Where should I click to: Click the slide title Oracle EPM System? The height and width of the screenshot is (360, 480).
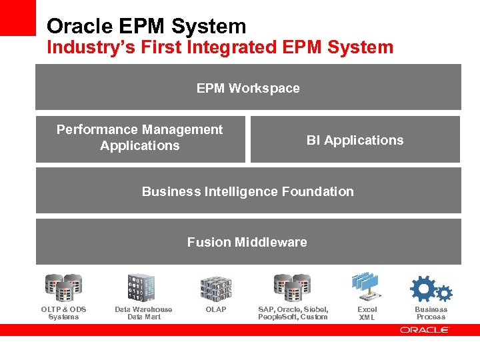point(146,26)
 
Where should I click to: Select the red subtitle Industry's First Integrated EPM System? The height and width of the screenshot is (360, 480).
point(220,47)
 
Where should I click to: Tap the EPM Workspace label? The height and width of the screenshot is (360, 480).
point(248,88)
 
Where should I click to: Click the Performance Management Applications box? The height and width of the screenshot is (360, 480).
point(140,139)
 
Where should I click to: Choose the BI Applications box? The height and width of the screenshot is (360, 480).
point(355,140)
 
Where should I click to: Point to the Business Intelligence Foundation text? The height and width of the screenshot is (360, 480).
point(248,191)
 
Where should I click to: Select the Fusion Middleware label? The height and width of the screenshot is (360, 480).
point(247,242)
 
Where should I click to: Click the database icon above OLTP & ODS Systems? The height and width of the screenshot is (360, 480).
point(63,287)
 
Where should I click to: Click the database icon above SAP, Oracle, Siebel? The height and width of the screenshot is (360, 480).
point(293,287)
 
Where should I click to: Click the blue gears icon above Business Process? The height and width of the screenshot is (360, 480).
point(431,289)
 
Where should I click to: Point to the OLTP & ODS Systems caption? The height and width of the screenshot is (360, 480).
point(63,313)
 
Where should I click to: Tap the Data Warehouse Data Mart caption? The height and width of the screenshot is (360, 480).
point(143,313)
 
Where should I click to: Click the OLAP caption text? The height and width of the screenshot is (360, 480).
point(216,309)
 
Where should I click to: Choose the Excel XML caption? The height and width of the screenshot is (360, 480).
point(367,313)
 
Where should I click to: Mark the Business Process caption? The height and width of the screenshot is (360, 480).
point(431,313)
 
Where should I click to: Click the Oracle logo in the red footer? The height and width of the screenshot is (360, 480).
point(425,329)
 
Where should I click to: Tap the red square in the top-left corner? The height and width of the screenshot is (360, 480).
point(17,17)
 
